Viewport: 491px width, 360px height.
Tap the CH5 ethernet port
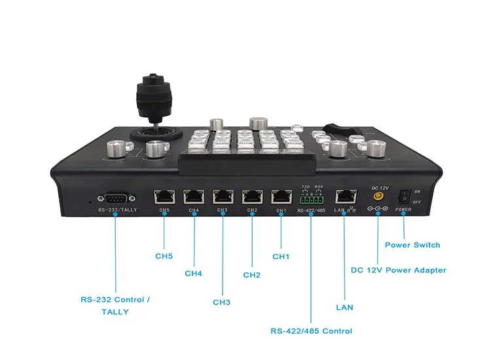point(163,196)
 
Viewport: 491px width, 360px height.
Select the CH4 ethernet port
point(193,196)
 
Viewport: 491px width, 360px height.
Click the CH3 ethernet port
point(223,196)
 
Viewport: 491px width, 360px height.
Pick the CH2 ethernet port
point(252,196)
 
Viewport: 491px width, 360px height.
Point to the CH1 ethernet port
point(282,196)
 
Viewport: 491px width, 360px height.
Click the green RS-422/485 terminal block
point(310,198)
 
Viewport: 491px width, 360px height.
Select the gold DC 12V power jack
point(378,195)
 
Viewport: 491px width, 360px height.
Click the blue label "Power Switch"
point(412,245)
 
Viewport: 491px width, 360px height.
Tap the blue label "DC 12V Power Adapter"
point(398,270)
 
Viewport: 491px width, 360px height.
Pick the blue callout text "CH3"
point(222,302)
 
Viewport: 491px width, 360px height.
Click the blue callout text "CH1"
point(281,257)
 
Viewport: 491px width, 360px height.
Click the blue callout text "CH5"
point(164,257)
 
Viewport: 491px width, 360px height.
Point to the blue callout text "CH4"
point(193,273)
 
